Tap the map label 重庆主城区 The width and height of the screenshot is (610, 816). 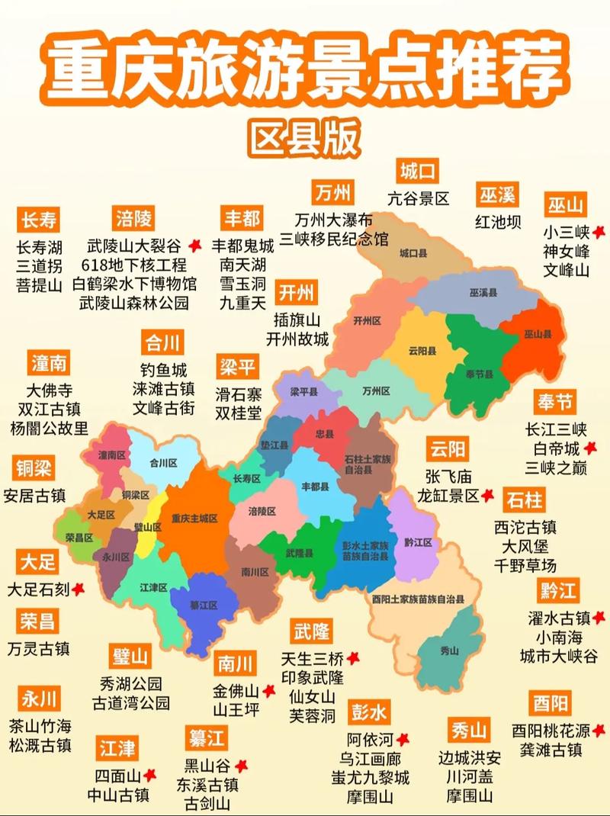click(x=194, y=518)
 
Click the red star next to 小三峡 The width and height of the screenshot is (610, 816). click(x=599, y=232)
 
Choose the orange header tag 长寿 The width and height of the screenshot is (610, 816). click(x=38, y=220)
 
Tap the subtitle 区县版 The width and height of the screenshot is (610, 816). click(x=304, y=138)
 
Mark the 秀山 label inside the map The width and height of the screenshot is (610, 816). click(x=450, y=651)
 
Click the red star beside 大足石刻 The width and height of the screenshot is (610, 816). click(x=78, y=590)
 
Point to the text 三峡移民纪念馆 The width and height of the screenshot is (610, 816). click(x=333, y=238)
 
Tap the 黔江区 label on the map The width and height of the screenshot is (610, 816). click(x=418, y=542)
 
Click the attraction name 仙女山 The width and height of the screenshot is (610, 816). click(x=312, y=696)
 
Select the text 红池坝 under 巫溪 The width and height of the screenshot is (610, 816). click(x=498, y=222)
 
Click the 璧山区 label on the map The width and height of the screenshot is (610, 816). click(x=147, y=527)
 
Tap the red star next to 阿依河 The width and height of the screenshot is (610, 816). click(x=402, y=739)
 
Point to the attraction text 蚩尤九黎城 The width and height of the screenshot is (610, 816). click(x=370, y=778)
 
